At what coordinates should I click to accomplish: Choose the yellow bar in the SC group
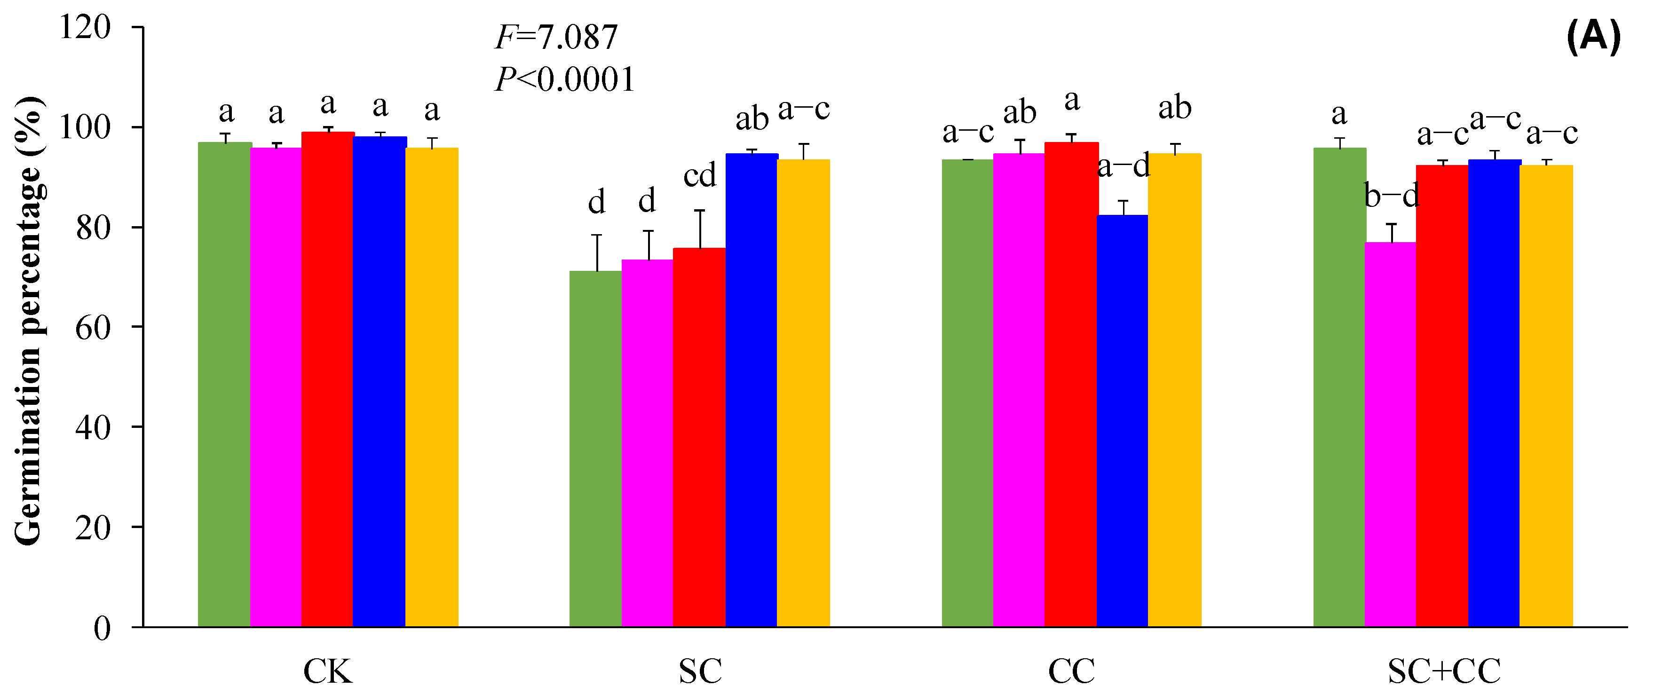803,392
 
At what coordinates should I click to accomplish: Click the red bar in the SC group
699,436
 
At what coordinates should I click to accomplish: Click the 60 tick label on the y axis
93,328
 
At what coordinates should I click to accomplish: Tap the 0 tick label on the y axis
102,628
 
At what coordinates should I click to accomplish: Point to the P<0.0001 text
565,79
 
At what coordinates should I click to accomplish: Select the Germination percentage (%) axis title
29,321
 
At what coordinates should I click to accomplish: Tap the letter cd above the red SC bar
699,175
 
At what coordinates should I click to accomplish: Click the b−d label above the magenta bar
1391,195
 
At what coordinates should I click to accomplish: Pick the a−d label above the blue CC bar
1123,166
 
